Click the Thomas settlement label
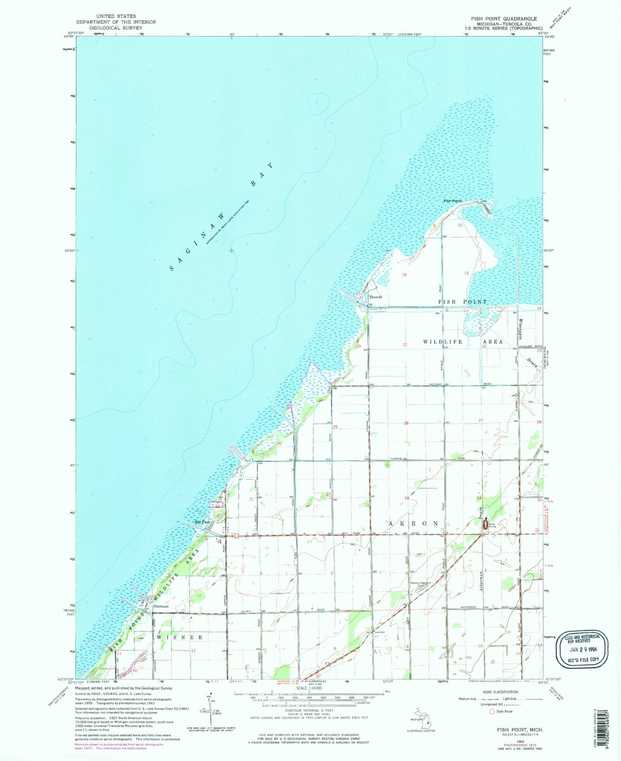pos(375,297)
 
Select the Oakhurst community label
pos(160,607)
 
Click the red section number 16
pos(404,274)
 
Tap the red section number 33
pos(406,498)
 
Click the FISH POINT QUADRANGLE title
pos(504,19)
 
